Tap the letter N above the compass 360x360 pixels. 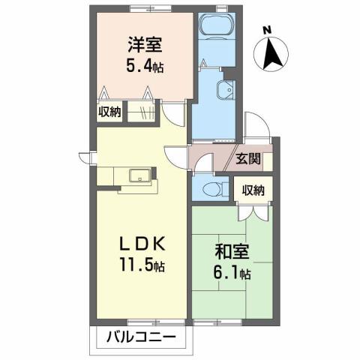tap(268, 30)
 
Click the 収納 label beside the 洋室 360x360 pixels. tap(109, 112)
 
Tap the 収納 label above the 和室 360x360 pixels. tap(253, 190)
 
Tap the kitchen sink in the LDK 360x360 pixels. tap(139, 176)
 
